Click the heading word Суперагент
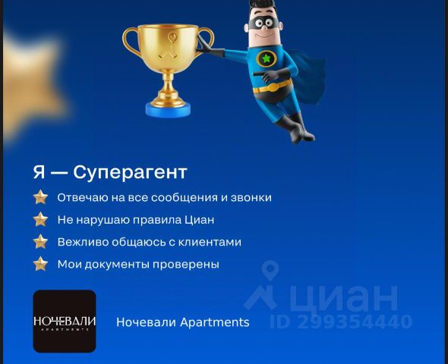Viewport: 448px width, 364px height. tap(130, 173)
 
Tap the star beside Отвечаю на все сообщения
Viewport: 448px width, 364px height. tap(40, 197)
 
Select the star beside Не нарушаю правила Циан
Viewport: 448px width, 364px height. tap(40, 219)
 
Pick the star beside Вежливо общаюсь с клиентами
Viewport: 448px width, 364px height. tap(40, 242)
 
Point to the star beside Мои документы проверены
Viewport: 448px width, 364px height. tap(40, 264)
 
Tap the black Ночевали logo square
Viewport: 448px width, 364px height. tap(65, 322)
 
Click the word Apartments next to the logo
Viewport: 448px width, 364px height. tap(215, 322)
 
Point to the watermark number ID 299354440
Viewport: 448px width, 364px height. tap(341, 322)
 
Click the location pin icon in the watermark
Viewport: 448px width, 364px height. tap(270, 269)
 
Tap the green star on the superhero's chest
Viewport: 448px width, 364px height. tap(267, 58)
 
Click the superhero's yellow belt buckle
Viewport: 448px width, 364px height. tap(273, 87)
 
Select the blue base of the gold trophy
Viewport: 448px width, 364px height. tap(168, 110)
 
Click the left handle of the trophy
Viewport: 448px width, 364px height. tap(131, 40)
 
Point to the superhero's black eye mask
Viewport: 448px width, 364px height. tap(264, 22)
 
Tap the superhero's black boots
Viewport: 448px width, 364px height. tap(295, 127)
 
